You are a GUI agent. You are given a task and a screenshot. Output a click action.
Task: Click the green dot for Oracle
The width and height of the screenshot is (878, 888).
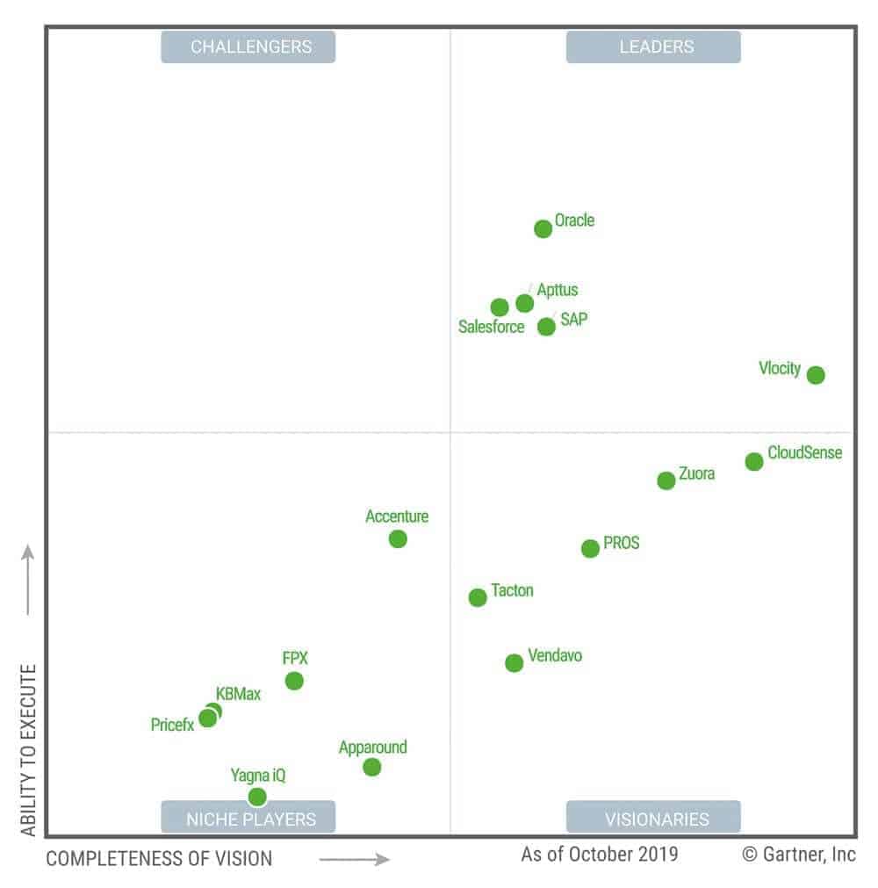pyautogui.click(x=543, y=229)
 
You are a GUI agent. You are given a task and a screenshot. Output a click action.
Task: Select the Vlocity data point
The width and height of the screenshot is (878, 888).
pyautogui.click(x=816, y=375)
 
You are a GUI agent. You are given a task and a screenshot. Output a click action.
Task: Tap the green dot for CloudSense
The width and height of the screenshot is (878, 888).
pyautogui.click(x=754, y=462)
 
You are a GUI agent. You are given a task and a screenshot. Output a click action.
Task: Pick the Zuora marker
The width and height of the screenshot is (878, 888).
pyautogui.click(x=666, y=480)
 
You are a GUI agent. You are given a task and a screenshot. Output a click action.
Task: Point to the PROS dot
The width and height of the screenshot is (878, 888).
pyautogui.click(x=590, y=549)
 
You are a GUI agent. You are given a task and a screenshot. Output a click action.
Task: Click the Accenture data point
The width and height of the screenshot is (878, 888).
pyautogui.click(x=398, y=539)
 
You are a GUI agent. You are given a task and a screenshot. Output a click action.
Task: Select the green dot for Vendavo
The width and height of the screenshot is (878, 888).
pyautogui.click(x=515, y=663)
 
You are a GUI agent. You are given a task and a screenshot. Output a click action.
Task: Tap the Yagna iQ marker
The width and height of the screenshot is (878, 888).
pyautogui.click(x=257, y=797)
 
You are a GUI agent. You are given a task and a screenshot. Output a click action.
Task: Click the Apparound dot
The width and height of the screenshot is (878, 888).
pyautogui.click(x=372, y=767)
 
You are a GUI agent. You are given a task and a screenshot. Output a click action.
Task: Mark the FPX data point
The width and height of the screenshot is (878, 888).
pyautogui.click(x=294, y=681)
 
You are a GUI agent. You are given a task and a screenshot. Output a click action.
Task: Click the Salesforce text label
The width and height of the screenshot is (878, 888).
pyautogui.click(x=491, y=328)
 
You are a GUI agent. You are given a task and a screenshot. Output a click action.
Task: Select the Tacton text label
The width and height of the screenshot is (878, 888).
pyautogui.click(x=512, y=590)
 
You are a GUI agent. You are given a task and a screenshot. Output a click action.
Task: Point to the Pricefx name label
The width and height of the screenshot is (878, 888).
pyautogui.click(x=172, y=726)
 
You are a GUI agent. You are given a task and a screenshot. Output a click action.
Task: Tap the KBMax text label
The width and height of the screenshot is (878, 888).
pyautogui.click(x=238, y=695)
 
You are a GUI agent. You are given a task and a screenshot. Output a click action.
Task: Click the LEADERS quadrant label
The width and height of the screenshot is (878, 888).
pyautogui.click(x=653, y=47)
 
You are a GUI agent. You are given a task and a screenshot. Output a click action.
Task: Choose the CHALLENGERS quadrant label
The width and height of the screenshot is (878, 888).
pyautogui.click(x=248, y=47)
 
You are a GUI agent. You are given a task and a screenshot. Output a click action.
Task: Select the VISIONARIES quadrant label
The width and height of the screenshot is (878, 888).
pyautogui.click(x=653, y=819)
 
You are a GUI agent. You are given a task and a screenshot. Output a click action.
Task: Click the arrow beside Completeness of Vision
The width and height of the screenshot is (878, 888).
pyautogui.click(x=354, y=859)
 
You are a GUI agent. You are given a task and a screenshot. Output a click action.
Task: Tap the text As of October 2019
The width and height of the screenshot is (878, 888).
pyautogui.click(x=600, y=854)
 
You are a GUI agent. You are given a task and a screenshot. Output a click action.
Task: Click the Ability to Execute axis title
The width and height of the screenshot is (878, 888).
pyautogui.click(x=29, y=749)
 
